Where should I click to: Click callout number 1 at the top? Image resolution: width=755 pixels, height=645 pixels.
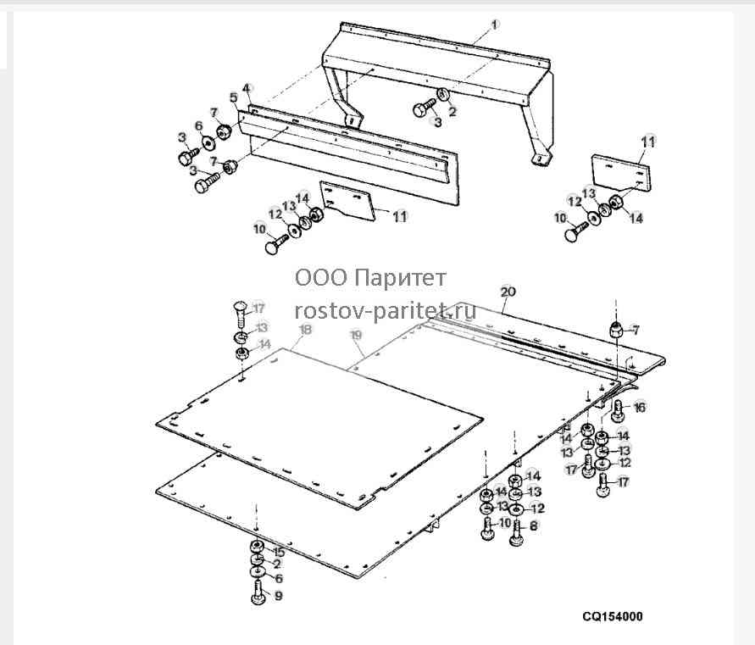point(495,25)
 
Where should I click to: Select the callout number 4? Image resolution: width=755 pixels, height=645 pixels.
point(247,89)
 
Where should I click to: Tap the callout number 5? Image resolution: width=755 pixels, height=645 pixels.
point(234,98)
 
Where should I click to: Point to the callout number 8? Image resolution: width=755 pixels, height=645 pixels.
point(533,526)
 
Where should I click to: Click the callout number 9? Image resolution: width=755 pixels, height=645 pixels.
point(278,596)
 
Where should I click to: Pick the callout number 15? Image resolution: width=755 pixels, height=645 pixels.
point(278,553)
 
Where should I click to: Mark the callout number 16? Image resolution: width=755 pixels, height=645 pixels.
point(639,408)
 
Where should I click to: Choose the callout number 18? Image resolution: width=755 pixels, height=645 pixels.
point(306,329)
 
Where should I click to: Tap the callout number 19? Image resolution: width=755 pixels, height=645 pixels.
point(356,335)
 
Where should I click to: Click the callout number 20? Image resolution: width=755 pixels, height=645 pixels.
point(508,292)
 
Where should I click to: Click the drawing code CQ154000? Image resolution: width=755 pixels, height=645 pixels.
point(613,616)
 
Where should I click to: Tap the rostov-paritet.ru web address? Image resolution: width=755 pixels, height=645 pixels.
point(386,311)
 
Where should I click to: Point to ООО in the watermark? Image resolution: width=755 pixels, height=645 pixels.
point(320,278)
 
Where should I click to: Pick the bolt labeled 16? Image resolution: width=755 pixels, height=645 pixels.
point(619,411)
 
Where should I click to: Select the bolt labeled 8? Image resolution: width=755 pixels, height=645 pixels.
point(516,533)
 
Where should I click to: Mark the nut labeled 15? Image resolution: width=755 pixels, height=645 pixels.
point(257,547)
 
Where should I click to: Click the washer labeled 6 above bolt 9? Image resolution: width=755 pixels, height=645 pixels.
point(258,572)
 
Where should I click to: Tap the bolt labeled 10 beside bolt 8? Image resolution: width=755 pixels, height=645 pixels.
point(487,529)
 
